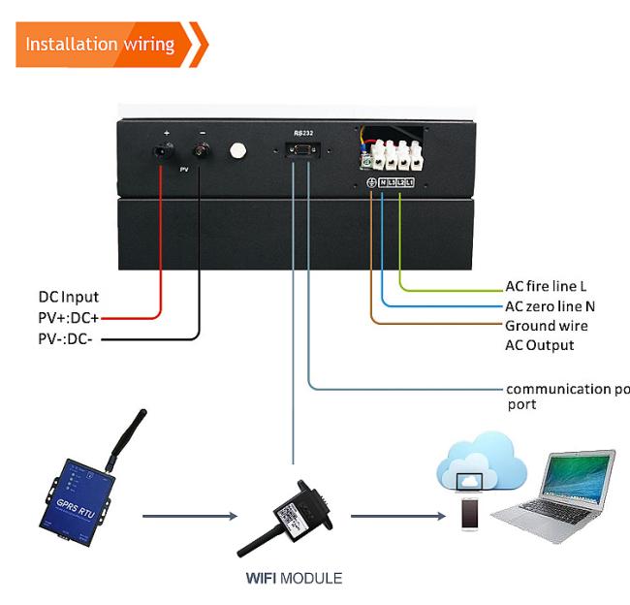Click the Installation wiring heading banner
pyautogui.click(x=101, y=45)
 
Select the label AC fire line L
pyautogui.click(x=546, y=287)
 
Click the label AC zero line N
pyautogui.click(x=550, y=306)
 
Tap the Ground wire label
pyautogui.click(x=546, y=326)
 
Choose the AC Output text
pyautogui.click(x=539, y=345)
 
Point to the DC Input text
pyautogui.click(x=69, y=297)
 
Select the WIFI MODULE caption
pyautogui.click(x=293, y=579)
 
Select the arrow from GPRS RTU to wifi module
pyautogui.click(x=190, y=516)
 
